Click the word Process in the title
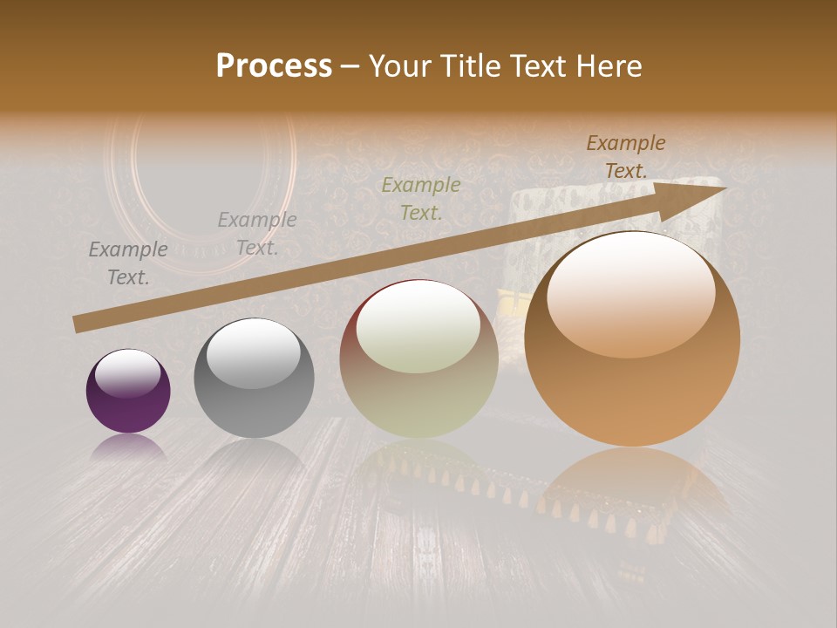tap(274, 66)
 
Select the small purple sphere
tap(128, 391)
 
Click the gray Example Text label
tap(257, 234)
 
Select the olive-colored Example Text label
tap(421, 198)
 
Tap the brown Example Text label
tap(626, 157)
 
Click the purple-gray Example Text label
tap(128, 263)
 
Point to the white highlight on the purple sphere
tap(128, 372)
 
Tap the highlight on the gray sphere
tap(253, 354)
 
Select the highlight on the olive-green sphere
tap(418, 328)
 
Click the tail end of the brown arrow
tap(80, 324)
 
